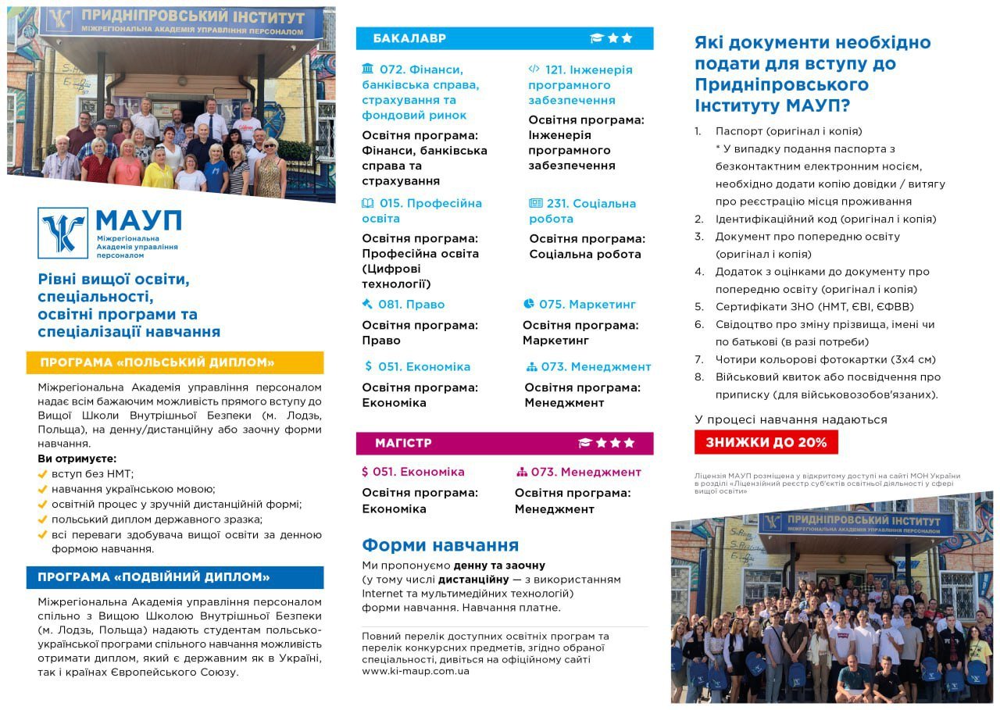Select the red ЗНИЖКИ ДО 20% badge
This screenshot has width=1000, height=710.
pyautogui.click(x=766, y=442)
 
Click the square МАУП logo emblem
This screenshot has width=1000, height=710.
pyautogui.click(x=62, y=233)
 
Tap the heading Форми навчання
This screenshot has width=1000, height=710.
pyautogui.click(x=440, y=545)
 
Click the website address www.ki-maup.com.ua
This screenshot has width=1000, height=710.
pyautogui.click(x=415, y=671)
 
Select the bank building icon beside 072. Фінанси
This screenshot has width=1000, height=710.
pyautogui.click(x=368, y=69)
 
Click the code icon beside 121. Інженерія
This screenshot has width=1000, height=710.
pyautogui.click(x=534, y=69)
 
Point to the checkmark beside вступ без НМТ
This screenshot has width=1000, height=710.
pyautogui.click(x=43, y=473)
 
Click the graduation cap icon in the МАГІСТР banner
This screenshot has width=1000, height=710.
pyautogui.click(x=585, y=443)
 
